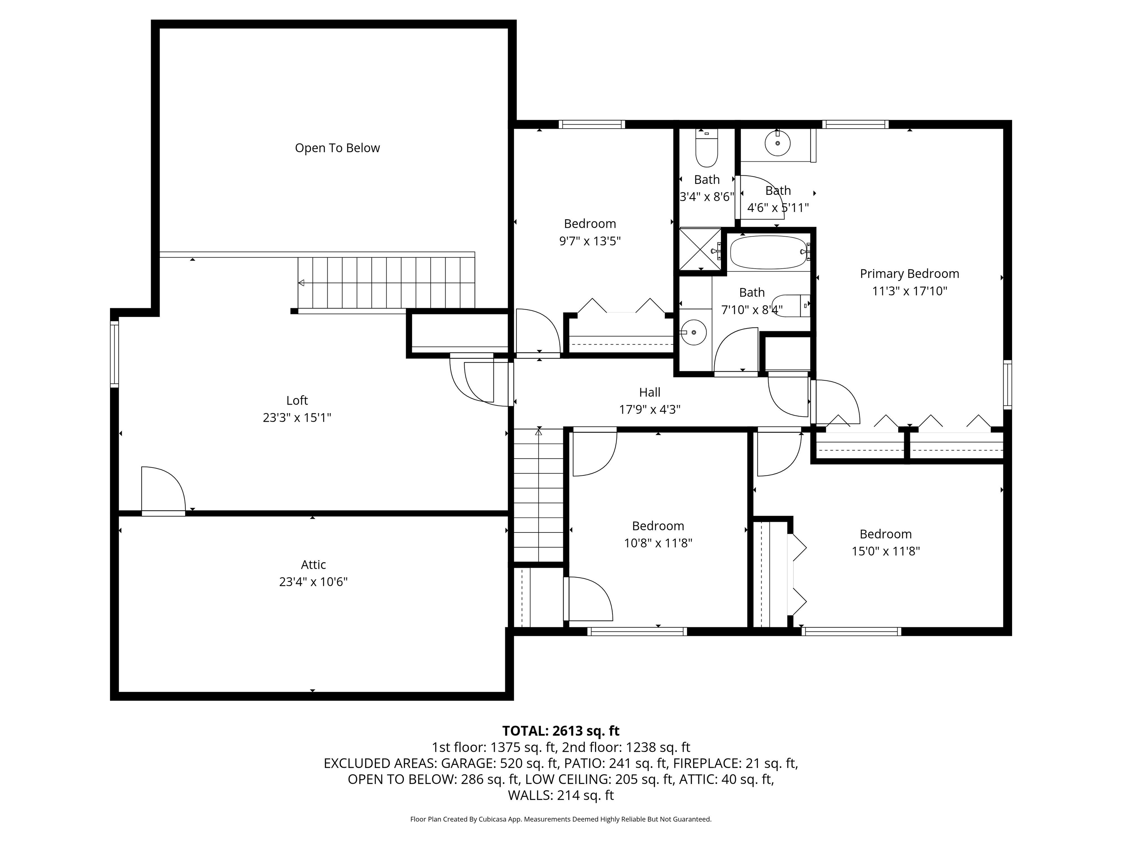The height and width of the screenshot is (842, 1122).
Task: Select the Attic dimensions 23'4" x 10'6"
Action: click(x=313, y=582)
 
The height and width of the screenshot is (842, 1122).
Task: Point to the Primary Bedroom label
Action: click(x=909, y=274)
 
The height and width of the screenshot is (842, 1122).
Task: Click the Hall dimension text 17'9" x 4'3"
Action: click(x=650, y=410)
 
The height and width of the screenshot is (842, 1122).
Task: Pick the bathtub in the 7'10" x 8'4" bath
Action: click(x=768, y=252)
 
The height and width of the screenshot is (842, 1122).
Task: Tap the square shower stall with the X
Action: click(x=700, y=249)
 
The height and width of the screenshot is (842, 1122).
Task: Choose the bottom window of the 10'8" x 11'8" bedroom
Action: click(x=637, y=631)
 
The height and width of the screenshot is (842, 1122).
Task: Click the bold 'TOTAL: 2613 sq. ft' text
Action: click(x=561, y=731)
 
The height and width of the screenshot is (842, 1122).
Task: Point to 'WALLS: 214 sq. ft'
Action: click(x=561, y=795)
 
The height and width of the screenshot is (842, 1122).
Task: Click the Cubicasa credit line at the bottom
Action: click(x=561, y=819)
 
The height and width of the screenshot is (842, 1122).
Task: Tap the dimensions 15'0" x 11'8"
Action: click(x=886, y=551)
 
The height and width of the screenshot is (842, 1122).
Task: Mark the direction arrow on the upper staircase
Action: click(x=301, y=283)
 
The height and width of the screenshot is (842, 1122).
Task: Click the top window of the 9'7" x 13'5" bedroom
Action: click(x=591, y=124)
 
